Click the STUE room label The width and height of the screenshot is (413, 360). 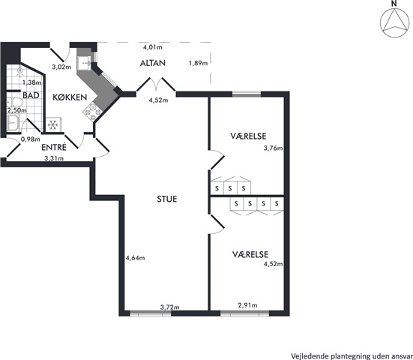tap(167, 199)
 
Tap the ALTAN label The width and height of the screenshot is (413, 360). tap(153, 63)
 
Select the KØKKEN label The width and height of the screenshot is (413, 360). tap(70, 97)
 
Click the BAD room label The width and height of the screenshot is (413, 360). tap(31, 95)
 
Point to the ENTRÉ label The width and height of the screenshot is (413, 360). tap(54, 147)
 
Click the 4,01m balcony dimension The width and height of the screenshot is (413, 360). tap(152, 47)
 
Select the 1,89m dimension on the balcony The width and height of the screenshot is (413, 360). tap(198, 63)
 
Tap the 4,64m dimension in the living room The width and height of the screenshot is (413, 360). tap(136, 258)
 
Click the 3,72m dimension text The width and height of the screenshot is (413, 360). tap(170, 307)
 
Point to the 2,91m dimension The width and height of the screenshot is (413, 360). tap(247, 305)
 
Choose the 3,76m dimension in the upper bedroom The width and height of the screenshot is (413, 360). tap(273, 148)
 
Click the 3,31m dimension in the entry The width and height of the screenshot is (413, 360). tap(54, 158)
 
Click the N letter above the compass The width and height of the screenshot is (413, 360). tap(394, 4)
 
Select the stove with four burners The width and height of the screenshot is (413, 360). tap(93, 112)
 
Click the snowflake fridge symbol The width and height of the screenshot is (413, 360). tap(53, 124)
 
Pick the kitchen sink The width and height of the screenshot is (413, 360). tap(85, 63)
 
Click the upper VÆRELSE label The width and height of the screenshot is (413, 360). tap(248, 136)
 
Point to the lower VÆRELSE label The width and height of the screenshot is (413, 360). tap(250, 254)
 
